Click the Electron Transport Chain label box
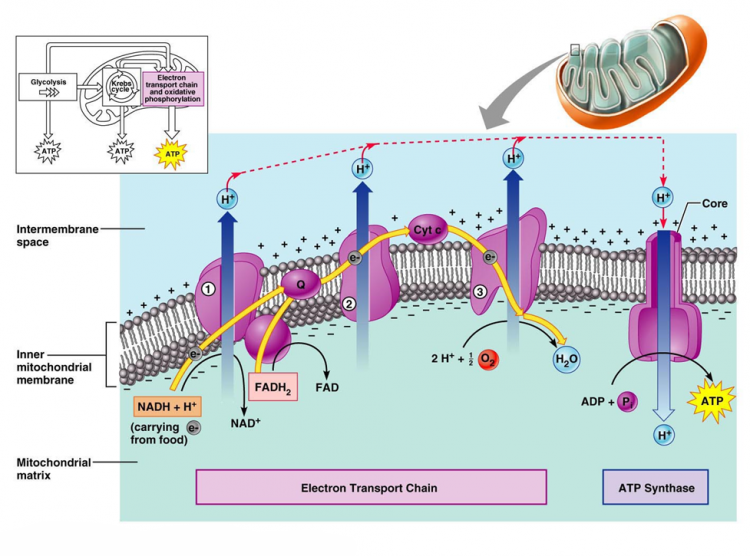click(371, 488)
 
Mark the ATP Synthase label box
click(656, 488)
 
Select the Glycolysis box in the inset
click(47, 87)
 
